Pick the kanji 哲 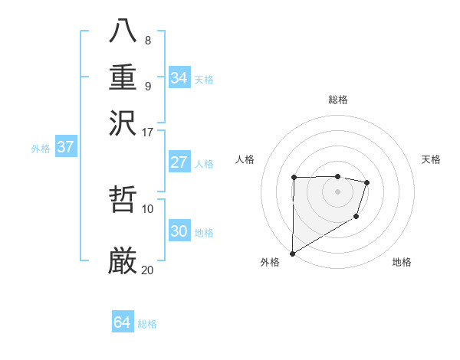point(123,201)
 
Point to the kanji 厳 point(123,260)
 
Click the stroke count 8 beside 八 point(148,41)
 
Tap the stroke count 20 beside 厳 point(148,270)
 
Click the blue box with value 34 point(179,78)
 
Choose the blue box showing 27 point(179,162)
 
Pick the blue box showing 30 point(179,231)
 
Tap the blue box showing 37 point(65,148)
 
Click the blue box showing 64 point(122,322)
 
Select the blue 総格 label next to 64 point(147,324)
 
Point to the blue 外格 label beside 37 point(41,149)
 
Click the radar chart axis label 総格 point(337,100)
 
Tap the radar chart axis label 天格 point(432,159)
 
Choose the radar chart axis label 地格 point(402,262)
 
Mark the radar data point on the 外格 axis point(292,253)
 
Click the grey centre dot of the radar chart point(337,191)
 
